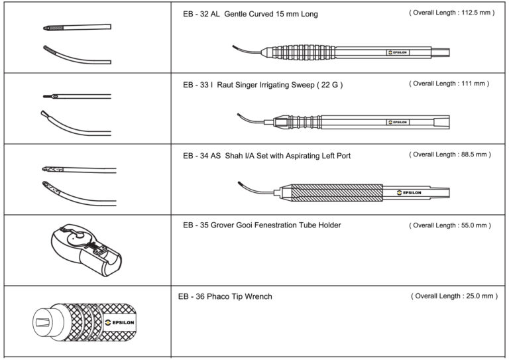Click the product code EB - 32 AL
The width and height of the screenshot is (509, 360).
click(x=201, y=15)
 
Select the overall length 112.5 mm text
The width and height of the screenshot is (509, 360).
click(x=452, y=13)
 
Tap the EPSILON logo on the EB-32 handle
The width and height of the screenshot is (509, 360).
click(x=399, y=52)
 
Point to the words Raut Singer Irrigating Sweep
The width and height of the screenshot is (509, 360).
click(x=270, y=85)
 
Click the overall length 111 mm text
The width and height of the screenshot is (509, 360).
click(x=449, y=84)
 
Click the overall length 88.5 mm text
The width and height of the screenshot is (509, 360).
click(x=450, y=154)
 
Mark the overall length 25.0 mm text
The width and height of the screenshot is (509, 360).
click(x=454, y=296)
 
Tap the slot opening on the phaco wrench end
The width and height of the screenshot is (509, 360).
click(x=41, y=322)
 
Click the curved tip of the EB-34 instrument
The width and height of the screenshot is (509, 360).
click(x=247, y=186)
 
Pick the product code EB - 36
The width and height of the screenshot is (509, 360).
click(x=192, y=296)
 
